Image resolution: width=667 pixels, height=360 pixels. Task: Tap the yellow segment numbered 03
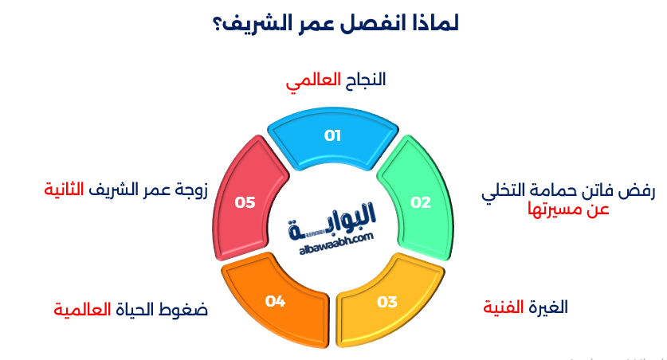pyautogui.click(x=386, y=301)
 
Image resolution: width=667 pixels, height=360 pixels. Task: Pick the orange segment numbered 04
pyautogui.click(x=276, y=301)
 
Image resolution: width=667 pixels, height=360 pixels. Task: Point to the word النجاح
pyautogui.click(x=363, y=80)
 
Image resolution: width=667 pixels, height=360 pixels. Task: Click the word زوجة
pyautogui.click(x=190, y=190)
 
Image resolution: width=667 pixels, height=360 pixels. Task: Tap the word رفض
pyautogui.click(x=638, y=191)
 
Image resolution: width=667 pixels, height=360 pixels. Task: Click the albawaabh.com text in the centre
pyautogui.click(x=335, y=238)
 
